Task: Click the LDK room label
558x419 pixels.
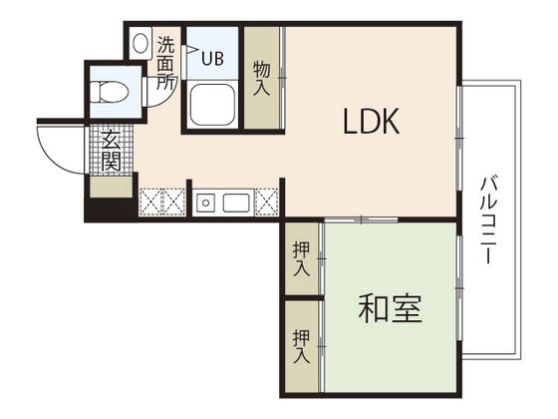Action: point(372,123)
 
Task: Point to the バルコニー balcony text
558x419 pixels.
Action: point(488,219)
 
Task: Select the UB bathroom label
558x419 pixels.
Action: point(213,58)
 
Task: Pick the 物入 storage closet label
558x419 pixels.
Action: point(262,78)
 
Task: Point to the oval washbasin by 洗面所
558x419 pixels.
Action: point(140,44)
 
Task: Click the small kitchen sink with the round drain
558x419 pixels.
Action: point(207,204)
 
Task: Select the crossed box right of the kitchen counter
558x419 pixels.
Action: point(267,202)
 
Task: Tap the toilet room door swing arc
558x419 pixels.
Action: point(157,92)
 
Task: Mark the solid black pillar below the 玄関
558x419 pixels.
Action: point(108,209)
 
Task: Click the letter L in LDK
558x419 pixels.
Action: point(351,123)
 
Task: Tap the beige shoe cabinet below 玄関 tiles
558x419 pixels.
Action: point(110,185)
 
